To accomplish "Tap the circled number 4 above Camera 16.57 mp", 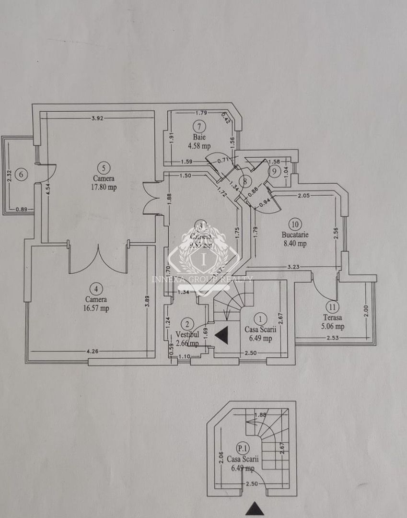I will (x=97, y=288).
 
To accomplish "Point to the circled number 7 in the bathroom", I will (x=198, y=127).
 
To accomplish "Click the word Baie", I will (x=198, y=137).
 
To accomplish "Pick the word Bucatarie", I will (x=295, y=235).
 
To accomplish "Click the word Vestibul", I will (x=187, y=334).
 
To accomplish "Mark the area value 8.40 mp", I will (x=295, y=244).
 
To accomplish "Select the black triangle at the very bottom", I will (x=255, y=509).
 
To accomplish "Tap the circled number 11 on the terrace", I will (x=332, y=306).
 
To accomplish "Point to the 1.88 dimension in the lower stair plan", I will (x=261, y=415).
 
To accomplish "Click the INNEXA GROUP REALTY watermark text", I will (x=202, y=279).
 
